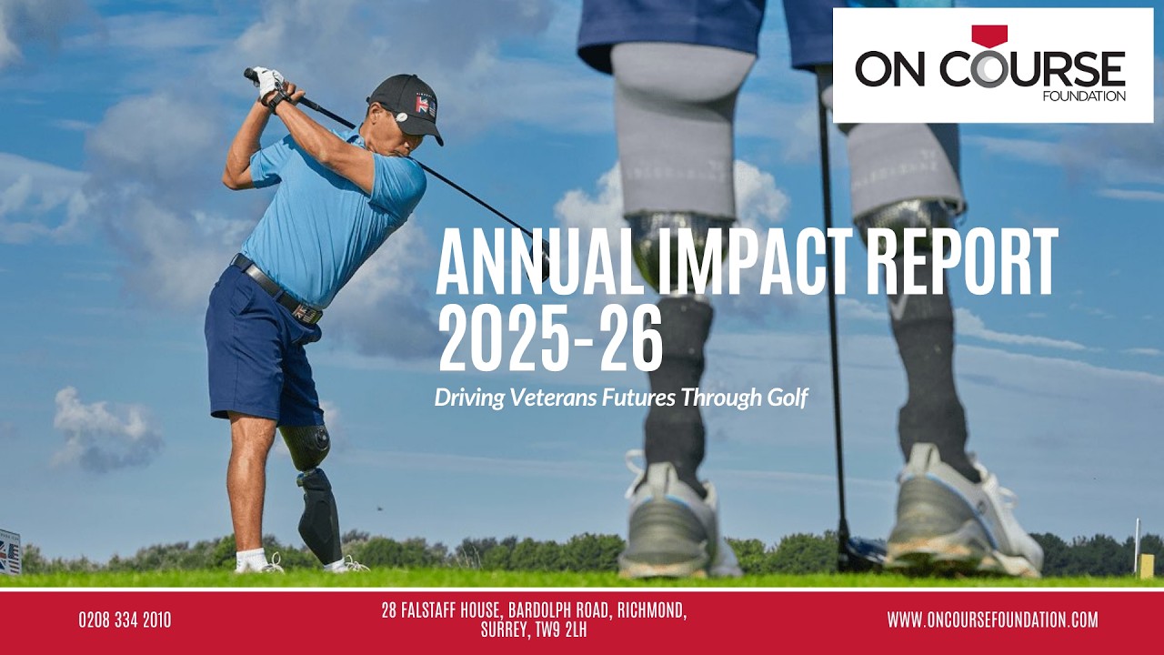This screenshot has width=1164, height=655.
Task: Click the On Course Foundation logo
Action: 992,65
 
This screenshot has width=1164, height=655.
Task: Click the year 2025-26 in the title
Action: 549,339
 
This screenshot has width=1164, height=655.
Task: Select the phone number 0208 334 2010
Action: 125,620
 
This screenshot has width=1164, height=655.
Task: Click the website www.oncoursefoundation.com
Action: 992,620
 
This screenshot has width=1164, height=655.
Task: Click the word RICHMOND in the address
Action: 651,610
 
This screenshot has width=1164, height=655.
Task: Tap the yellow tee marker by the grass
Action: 1147,565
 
